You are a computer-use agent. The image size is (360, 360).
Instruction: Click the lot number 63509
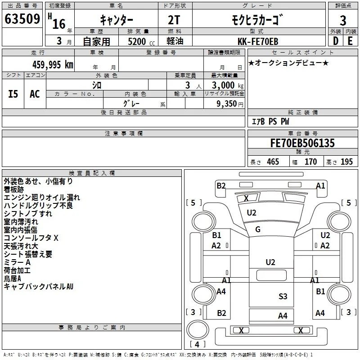point(22,19)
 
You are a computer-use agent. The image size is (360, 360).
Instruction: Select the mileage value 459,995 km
point(53,64)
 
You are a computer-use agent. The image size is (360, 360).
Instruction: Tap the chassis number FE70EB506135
point(302,143)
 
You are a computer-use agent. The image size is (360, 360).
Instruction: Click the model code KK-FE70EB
point(258,41)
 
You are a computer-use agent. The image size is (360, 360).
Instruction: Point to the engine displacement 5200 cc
point(141,41)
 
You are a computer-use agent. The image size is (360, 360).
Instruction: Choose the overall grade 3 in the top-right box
point(343,21)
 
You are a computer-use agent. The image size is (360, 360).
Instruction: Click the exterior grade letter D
point(336,41)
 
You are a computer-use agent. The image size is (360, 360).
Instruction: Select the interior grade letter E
point(350,41)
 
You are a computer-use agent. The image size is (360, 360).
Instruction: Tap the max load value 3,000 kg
point(228,85)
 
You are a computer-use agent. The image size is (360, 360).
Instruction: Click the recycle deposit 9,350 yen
point(230,104)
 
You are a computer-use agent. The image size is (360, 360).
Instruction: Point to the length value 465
point(273,162)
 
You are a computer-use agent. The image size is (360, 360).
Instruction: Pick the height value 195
point(346,162)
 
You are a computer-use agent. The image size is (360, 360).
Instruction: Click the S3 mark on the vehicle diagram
point(283,297)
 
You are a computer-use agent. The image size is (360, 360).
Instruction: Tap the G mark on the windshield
point(257,229)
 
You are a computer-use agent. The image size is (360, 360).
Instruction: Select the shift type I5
point(13,94)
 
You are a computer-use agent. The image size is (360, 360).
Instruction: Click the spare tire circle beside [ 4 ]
point(198,330)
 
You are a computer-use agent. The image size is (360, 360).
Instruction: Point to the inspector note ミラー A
point(17,262)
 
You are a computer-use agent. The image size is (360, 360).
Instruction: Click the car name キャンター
point(117,20)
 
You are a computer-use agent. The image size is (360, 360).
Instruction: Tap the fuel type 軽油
point(175,41)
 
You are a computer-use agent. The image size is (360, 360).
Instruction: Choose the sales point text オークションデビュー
point(288,63)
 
